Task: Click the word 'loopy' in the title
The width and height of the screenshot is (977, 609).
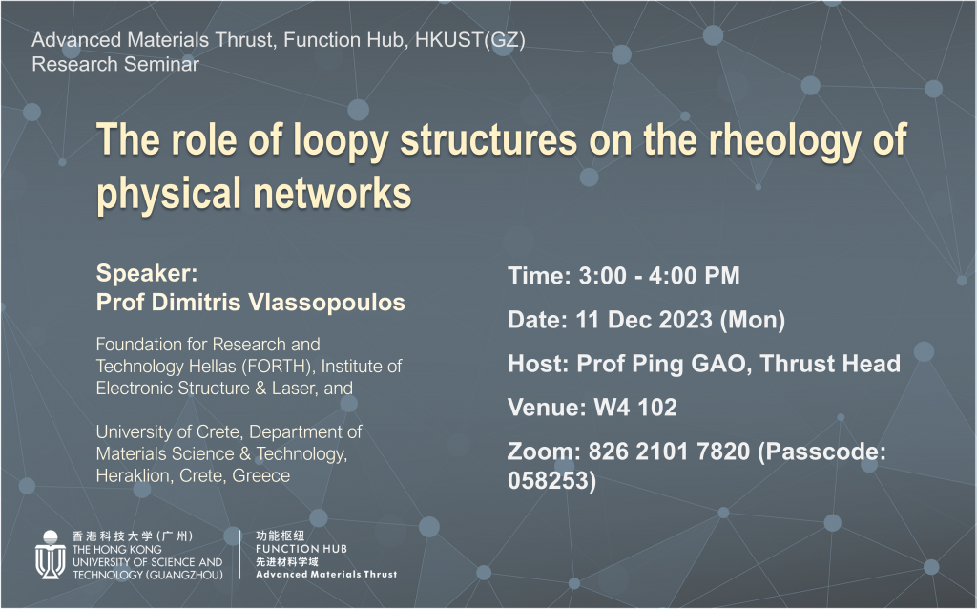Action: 341,140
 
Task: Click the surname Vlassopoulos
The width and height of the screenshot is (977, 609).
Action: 326,303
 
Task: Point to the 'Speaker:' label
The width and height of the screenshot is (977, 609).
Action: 146,273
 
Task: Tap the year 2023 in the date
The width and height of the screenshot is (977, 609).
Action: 685,320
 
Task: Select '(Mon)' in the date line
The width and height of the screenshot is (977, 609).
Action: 752,321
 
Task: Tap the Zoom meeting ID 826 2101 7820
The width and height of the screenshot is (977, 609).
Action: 669,451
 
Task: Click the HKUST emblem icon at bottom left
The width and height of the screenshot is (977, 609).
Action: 50,555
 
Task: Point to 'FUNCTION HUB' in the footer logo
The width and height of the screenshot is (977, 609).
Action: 301,549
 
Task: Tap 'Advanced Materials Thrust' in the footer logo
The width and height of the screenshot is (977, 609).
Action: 326,574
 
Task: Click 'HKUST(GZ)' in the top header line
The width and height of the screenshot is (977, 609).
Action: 469,40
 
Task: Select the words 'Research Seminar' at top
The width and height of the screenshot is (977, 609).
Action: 115,64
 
